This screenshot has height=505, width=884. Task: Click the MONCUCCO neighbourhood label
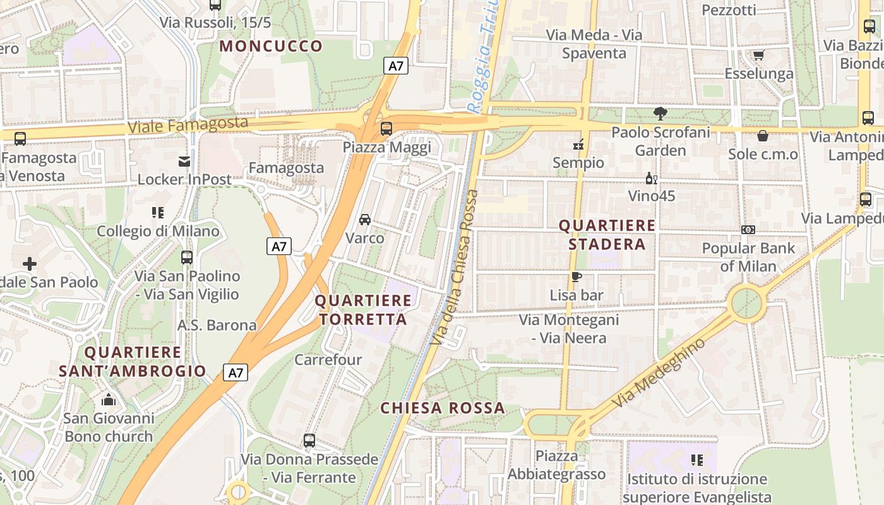point(271,46)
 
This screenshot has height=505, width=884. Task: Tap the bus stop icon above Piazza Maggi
point(386,129)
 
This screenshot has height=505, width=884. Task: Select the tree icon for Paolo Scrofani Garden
point(660,114)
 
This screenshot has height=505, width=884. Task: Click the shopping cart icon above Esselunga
point(758,56)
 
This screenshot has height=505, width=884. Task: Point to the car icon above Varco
point(365,220)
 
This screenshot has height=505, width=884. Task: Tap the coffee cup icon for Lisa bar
point(576,276)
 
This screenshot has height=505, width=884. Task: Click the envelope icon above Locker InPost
point(184,162)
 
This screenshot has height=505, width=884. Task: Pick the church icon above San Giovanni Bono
point(109,400)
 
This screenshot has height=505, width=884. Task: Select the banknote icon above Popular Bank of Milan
point(748,230)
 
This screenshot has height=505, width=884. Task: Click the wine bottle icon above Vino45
point(651,178)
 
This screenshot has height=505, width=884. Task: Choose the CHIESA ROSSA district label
point(443,408)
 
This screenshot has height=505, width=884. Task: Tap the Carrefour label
point(328,360)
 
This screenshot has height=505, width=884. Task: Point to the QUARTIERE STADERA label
point(607,234)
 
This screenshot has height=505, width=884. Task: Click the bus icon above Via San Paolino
point(187,258)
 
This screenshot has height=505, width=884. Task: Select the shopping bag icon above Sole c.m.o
point(763,136)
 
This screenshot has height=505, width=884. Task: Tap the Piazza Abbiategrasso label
point(556,465)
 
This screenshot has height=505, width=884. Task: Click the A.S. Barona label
point(217,325)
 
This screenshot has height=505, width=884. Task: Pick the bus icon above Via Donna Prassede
point(309,441)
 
